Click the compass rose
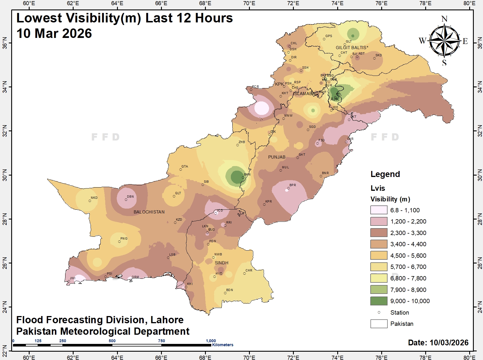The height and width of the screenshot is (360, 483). (x=444, y=41)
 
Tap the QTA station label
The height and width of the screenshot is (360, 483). (x=185, y=166)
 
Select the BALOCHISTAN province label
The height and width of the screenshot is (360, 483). (x=149, y=212)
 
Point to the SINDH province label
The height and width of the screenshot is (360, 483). (x=221, y=263)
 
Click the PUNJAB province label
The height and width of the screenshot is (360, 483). (x=277, y=157)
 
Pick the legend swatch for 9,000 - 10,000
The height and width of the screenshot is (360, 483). (x=379, y=301)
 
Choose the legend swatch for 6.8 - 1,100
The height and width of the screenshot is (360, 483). (x=379, y=210)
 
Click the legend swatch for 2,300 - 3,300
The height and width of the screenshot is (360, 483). (x=379, y=233)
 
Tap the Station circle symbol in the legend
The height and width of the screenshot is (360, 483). (x=379, y=312)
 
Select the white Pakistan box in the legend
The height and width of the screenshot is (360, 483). (x=379, y=324)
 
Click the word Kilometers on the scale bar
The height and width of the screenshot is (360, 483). (x=223, y=345)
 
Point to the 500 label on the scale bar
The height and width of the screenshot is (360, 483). (x=112, y=341)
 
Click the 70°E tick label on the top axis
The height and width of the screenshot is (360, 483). (x=249, y=3)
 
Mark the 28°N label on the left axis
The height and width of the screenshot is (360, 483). (x=4, y=219)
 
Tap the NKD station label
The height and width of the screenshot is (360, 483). (x=94, y=198)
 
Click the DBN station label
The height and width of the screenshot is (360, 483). (x=130, y=197)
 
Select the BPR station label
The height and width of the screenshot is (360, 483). (x=293, y=185)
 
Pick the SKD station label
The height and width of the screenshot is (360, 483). (x=379, y=55)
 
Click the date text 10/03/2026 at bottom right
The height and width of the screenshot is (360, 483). (x=449, y=342)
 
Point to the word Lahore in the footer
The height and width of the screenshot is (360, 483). (x=167, y=320)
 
